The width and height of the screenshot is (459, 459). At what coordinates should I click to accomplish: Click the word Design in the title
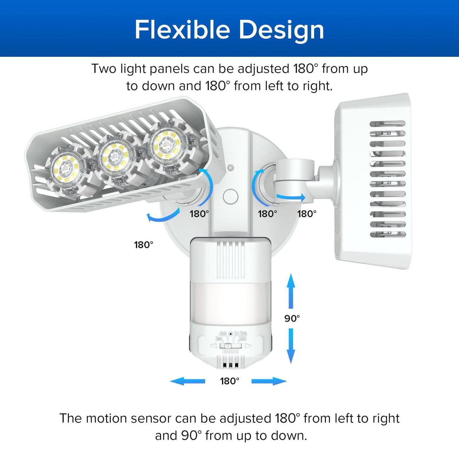(281, 30)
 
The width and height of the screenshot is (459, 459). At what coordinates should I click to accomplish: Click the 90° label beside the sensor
(292, 318)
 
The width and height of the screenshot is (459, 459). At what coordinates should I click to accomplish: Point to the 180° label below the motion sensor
(229, 381)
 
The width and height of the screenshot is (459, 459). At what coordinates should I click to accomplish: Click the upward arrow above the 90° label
(291, 290)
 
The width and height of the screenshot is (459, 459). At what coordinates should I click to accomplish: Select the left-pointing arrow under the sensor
(187, 381)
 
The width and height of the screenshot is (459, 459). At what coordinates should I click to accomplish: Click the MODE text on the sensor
(231, 352)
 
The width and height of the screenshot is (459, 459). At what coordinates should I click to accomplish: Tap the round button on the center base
(231, 197)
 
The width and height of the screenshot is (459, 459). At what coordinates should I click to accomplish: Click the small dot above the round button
(231, 167)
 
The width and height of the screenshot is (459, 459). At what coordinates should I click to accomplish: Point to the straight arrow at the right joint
(291, 197)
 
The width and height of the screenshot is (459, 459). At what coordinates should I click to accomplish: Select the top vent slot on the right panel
(388, 124)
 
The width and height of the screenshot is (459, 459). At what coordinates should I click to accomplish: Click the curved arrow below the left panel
(163, 216)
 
